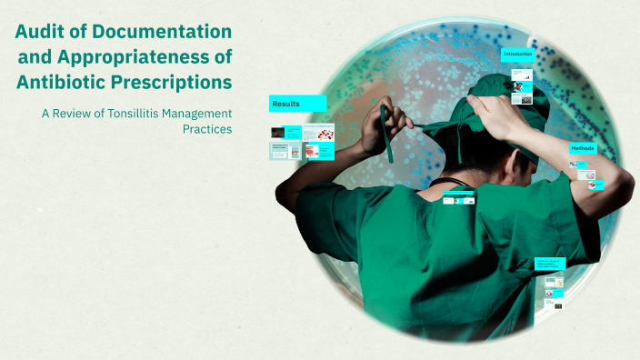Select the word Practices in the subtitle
point(207,129)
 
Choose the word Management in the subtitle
point(200,113)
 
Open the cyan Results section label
point(297,104)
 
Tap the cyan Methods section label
point(583,148)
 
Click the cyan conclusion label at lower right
point(550,263)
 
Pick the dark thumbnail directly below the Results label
point(278,133)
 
